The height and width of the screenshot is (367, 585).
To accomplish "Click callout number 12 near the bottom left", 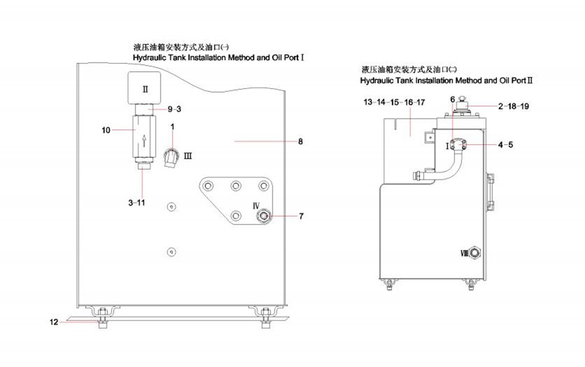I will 53,322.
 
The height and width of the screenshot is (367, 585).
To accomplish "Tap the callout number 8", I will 300,142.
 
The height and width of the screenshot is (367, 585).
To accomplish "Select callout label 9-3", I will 175,108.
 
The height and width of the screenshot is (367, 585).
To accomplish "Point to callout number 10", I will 106,130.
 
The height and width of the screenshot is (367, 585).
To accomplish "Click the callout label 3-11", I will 137,202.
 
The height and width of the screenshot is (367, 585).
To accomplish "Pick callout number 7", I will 301,216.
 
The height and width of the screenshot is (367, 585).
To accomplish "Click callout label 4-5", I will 505,145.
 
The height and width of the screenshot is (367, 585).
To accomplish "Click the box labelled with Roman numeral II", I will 145,89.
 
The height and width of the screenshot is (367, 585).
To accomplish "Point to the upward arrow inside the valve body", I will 144,140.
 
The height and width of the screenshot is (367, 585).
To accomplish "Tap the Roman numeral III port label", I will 188,155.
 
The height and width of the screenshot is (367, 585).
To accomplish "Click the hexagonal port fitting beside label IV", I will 262,215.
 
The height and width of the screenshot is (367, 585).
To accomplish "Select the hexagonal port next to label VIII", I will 475,253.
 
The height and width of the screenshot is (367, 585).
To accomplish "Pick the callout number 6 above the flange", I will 452,99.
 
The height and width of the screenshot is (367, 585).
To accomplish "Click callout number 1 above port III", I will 172,127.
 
